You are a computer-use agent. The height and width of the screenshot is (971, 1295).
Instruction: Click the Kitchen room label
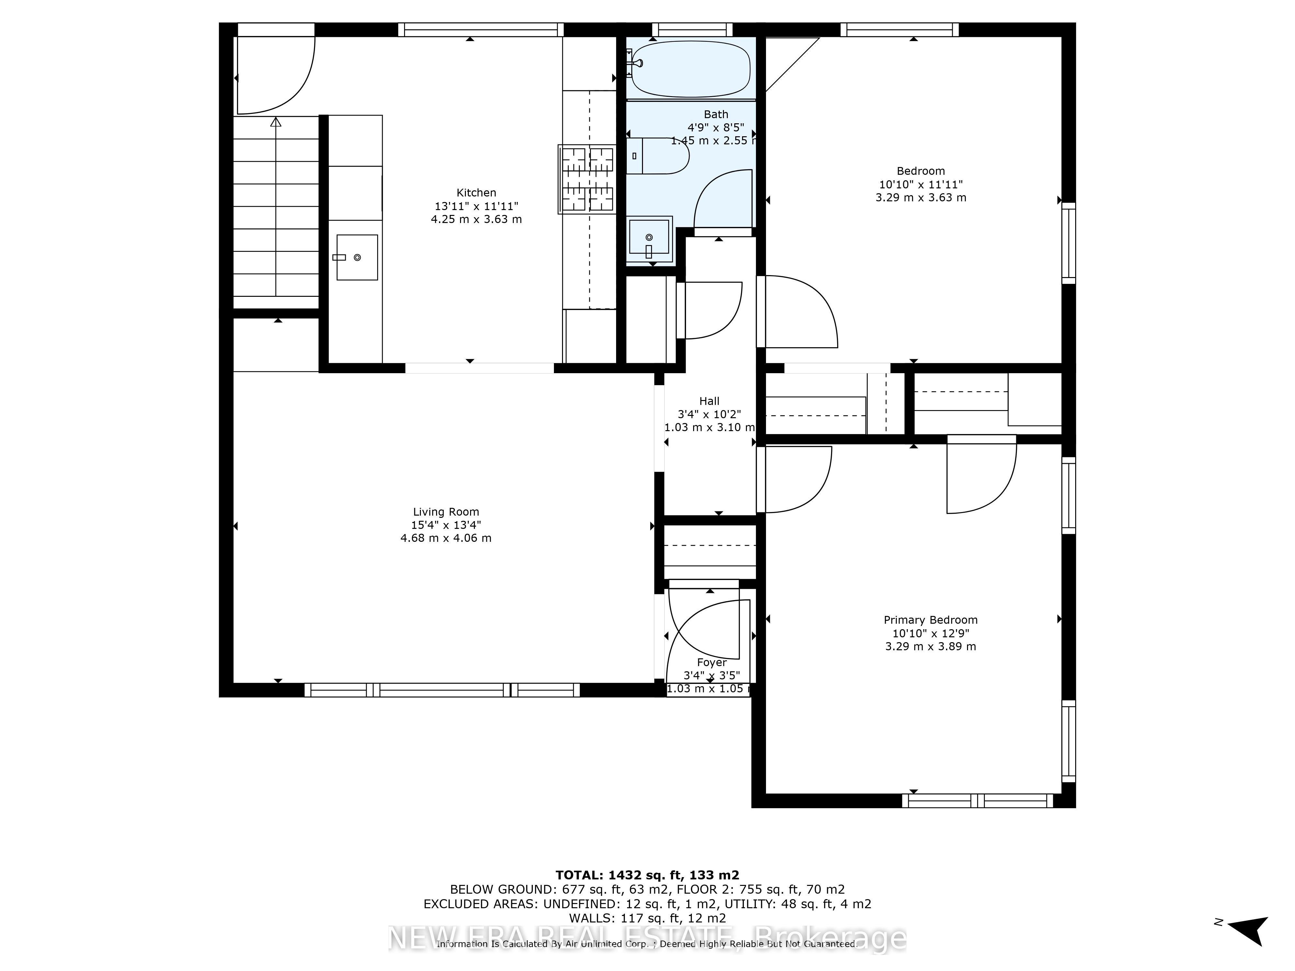pyautogui.click(x=476, y=193)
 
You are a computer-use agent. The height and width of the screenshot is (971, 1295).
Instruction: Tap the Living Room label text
pyautogui.click(x=445, y=511)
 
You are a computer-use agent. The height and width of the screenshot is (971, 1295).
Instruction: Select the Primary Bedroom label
pyautogui.click(x=930, y=620)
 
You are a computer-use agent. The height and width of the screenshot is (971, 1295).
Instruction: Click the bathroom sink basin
pyautogui.click(x=649, y=237)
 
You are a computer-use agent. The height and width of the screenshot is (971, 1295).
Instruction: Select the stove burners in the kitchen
pyautogui.click(x=587, y=179)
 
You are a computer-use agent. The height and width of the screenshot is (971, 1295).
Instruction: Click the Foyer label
pyautogui.click(x=711, y=663)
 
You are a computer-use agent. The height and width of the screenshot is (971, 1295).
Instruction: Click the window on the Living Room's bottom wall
pyautogui.click(x=442, y=690)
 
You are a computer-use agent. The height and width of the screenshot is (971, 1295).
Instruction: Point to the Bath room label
pyautogui.click(x=715, y=114)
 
